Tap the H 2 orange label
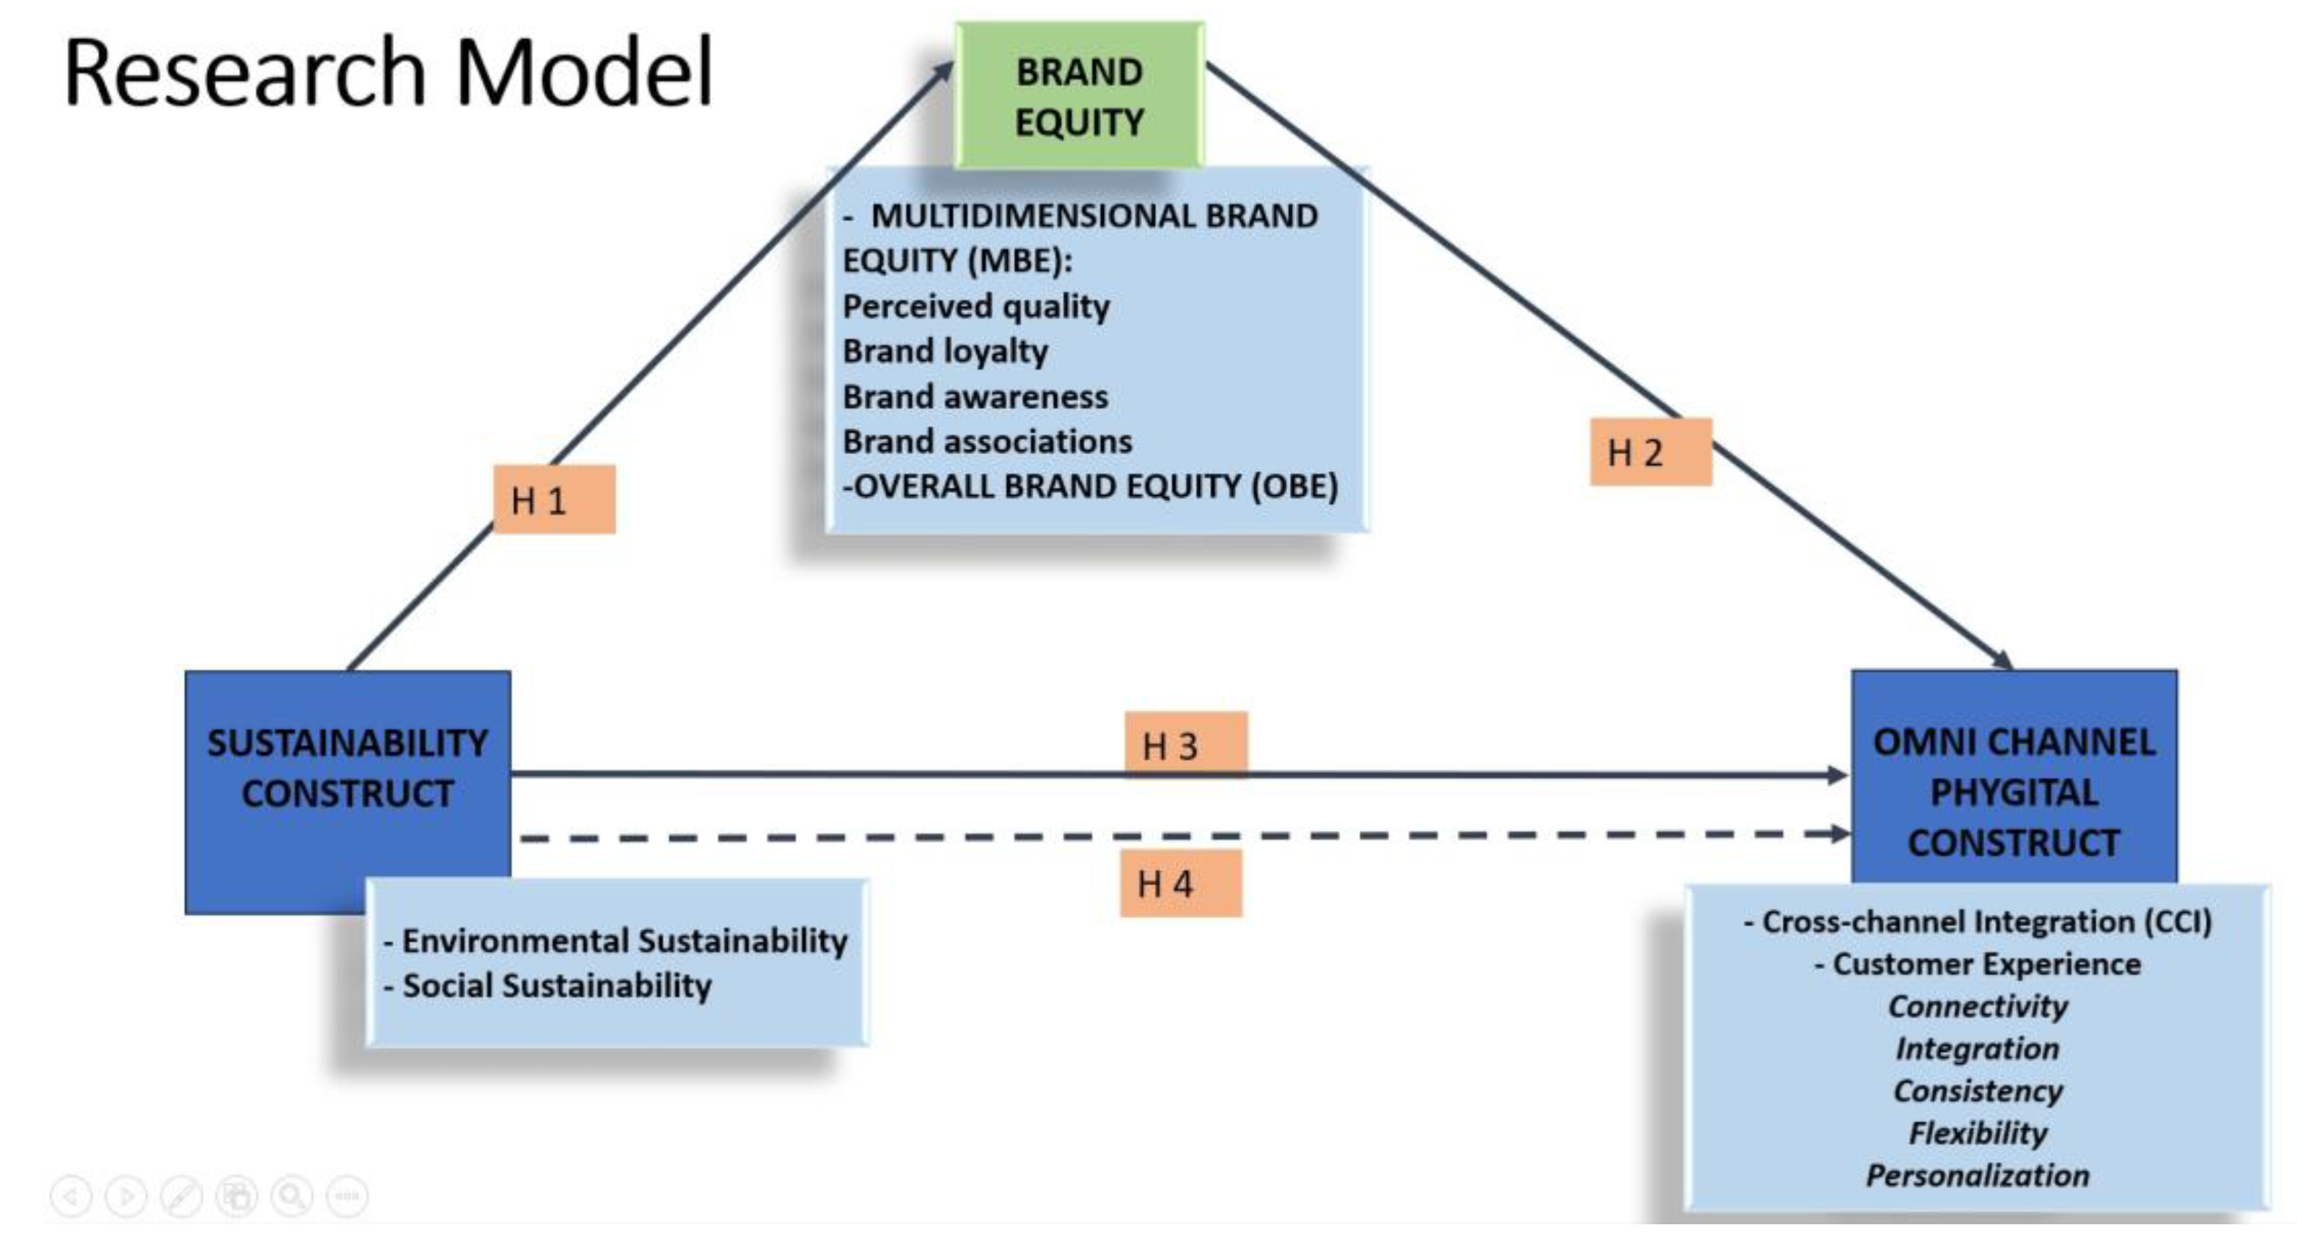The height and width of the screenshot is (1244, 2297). click(1651, 452)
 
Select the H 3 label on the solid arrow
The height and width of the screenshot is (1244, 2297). click(1185, 746)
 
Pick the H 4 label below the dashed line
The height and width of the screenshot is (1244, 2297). click(1181, 884)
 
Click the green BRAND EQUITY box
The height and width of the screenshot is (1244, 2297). click(1079, 96)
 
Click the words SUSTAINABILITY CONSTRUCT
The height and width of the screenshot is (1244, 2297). click(348, 768)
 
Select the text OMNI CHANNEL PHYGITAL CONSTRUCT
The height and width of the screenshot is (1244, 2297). click(2014, 792)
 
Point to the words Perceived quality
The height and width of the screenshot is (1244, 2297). click(975, 306)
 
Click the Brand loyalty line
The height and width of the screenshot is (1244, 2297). click(945, 351)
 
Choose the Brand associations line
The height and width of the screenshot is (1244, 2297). click(987, 441)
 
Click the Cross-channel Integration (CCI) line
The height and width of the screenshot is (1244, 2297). click(1977, 921)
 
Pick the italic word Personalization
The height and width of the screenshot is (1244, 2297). click(1977, 1175)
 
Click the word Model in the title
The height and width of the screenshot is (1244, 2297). click(584, 73)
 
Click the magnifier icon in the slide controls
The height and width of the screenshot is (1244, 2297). click(291, 1196)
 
